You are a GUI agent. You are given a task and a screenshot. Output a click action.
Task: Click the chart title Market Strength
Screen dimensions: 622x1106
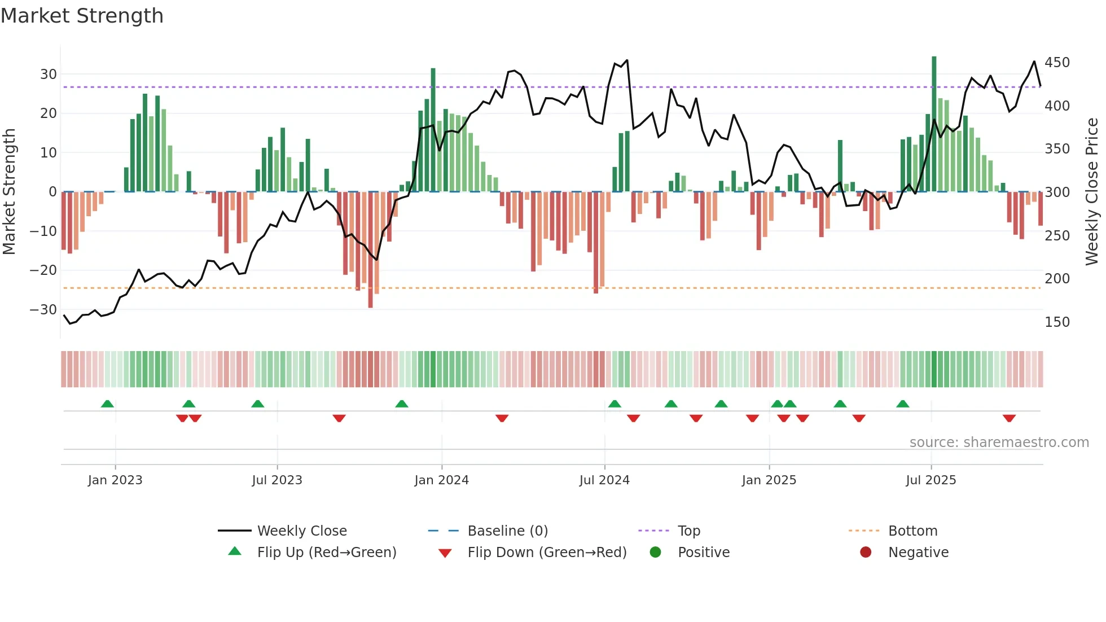click(82, 16)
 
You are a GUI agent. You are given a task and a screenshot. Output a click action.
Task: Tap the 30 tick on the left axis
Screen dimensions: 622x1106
click(49, 75)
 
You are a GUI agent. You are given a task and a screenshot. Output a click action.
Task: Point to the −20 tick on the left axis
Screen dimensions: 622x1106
click(43, 270)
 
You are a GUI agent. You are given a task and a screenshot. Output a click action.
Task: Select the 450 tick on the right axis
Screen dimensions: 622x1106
click(1057, 63)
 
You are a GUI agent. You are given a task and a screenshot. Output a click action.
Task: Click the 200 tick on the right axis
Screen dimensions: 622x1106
click(1057, 279)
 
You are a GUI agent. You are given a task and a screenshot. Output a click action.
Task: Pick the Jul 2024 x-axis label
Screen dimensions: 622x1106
click(604, 480)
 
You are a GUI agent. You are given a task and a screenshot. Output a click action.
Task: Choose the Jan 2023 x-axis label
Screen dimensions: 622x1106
click(115, 480)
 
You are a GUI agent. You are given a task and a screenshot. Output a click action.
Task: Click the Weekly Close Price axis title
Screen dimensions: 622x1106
click(1092, 192)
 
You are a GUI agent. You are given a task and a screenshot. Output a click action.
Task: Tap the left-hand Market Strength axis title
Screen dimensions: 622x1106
click(10, 192)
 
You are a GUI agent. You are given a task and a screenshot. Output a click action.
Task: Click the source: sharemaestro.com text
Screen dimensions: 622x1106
click(999, 443)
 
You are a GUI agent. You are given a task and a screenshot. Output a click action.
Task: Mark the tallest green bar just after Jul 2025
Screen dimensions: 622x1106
click(934, 124)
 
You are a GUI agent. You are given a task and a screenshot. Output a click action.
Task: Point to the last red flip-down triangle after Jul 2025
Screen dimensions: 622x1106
click(1009, 418)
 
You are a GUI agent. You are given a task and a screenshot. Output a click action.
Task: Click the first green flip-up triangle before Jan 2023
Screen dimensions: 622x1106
click(107, 404)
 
